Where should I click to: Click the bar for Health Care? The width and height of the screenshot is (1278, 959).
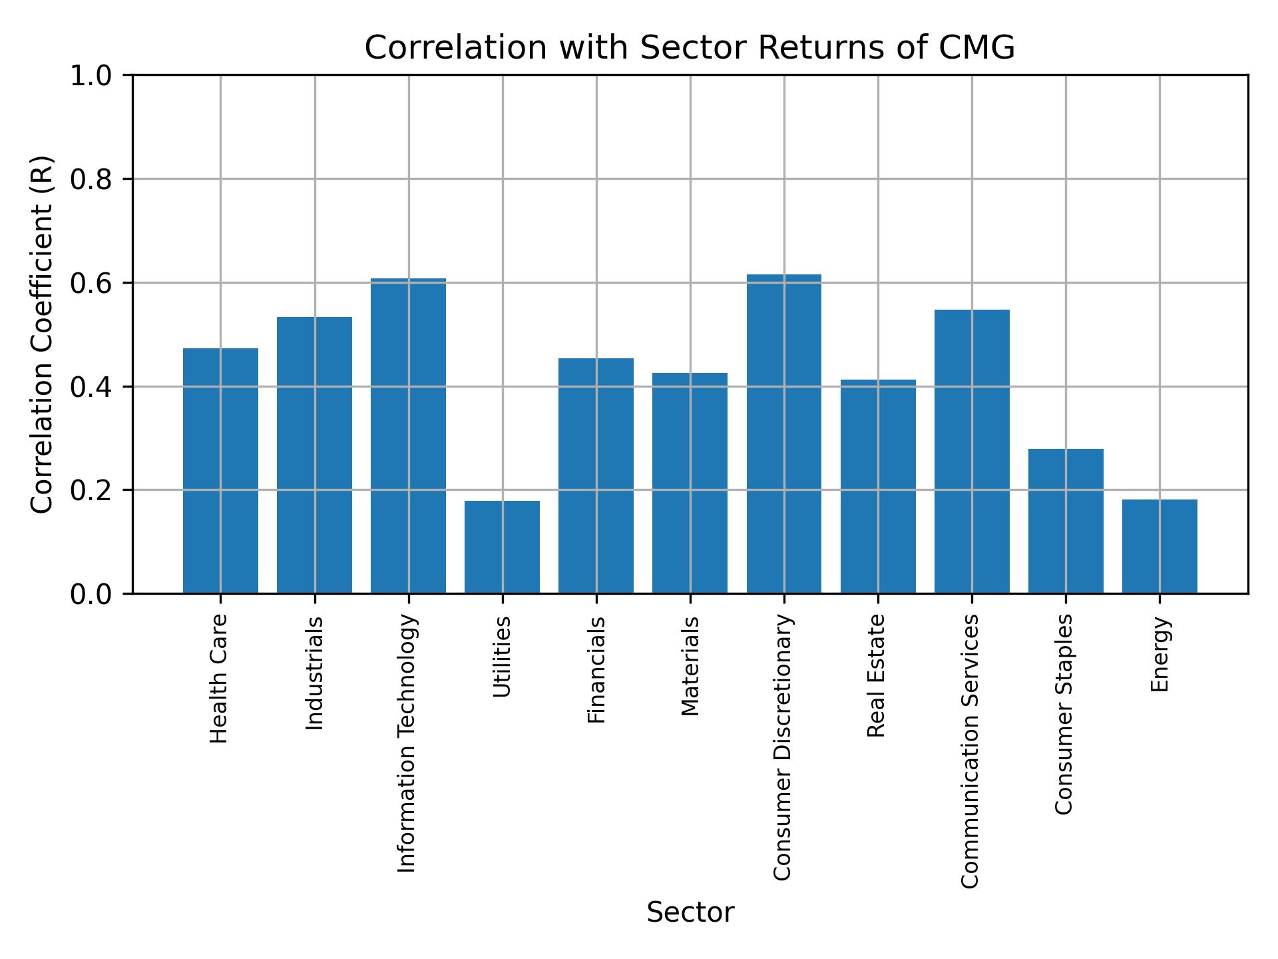(x=220, y=470)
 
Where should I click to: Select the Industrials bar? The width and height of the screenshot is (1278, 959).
(x=314, y=455)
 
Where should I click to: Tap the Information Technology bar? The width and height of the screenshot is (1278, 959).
(x=408, y=436)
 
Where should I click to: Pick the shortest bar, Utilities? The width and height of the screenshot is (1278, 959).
(x=502, y=547)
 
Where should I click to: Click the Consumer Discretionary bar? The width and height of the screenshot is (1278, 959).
(x=783, y=434)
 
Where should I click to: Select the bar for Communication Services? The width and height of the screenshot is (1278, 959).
(x=971, y=452)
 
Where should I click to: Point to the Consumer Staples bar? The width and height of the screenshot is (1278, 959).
(x=1065, y=521)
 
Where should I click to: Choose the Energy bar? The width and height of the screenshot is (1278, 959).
(x=1159, y=546)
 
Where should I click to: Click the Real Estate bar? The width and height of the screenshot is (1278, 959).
(x=877, y=486)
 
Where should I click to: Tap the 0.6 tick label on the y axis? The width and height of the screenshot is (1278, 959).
(x=92, y=283)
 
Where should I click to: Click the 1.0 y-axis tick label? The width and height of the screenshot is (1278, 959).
(x=92, y=76)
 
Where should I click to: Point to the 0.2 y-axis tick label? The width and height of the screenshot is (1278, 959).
(x=92, y=490)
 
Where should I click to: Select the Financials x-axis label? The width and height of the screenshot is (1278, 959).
(x=596, y=669)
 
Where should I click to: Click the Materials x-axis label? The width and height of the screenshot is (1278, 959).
(x=690, y=666)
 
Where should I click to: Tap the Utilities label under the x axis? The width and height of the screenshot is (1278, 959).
(x=502, y=657)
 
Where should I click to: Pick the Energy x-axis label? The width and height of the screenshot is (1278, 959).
(x=1160, y=654)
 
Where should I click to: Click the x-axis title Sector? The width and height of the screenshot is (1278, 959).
(x=690, y=912)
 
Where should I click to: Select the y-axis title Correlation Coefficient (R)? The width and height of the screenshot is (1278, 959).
(x=42, y=334)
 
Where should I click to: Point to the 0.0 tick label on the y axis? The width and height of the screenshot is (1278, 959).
(x=92, y=594)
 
